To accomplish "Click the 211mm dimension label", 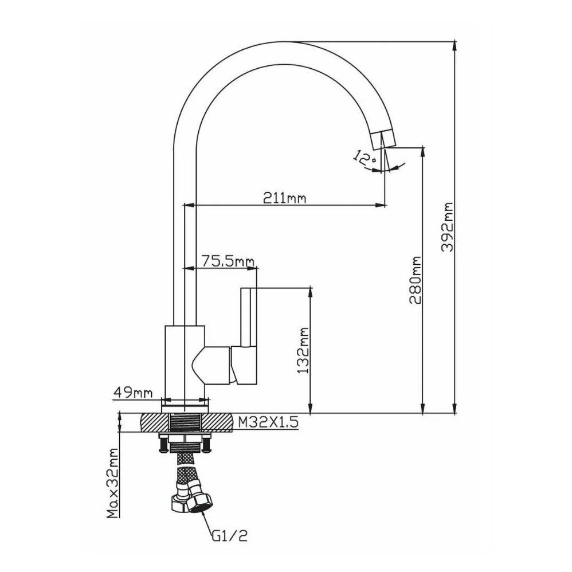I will pos(285,198).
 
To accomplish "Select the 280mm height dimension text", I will pos(416,281).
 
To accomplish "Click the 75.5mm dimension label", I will pos(228,262).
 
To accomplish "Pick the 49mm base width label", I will pos(132,393).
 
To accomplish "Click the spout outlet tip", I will pos(382,139).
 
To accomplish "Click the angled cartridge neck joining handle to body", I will pos(215,366).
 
